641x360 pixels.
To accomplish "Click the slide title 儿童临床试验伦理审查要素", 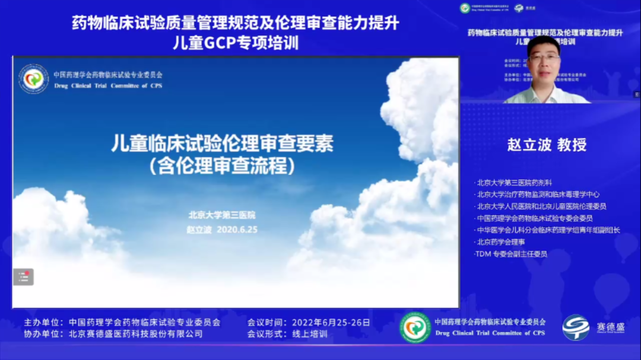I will [x=223, y=144].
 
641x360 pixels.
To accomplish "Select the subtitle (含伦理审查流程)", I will [x=223, y=166].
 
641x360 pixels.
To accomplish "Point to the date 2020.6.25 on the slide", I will [x=237, y=229].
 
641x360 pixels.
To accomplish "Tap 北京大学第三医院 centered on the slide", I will [x=222, y=215].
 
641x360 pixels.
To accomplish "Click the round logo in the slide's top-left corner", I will [x=34, y=79].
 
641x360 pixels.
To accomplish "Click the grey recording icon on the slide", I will [x=23, y=277].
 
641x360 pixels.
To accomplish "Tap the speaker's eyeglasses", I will [x=544, y=58].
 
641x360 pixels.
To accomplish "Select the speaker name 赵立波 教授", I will [x=547, y=145].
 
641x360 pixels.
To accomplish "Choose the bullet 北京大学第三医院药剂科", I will [x=514, y=183].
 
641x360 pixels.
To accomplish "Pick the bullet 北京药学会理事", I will [x=500, y=242].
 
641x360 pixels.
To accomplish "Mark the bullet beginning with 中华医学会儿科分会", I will [x=548, y=230].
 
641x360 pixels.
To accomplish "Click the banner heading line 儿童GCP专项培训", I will [x=236, y=43].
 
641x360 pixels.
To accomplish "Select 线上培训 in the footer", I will [x=309, y=334].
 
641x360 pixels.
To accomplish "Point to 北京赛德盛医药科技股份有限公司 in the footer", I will [x=135, y=334].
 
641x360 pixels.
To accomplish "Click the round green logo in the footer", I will [x=415, y=327].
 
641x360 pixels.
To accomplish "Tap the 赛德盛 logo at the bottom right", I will [x=585, y=327].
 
